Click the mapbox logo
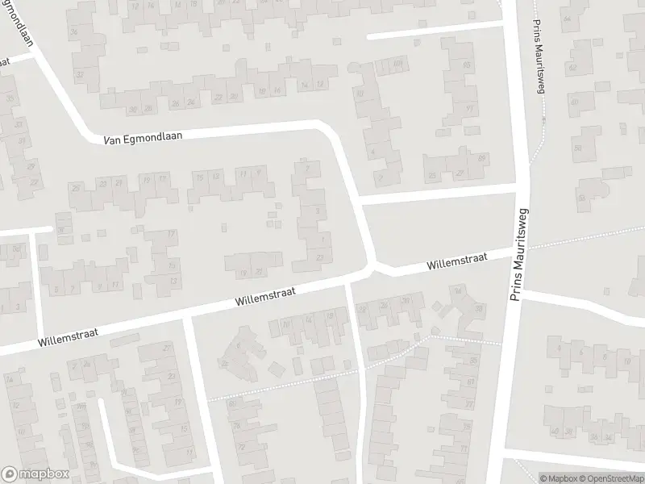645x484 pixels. [34, 474]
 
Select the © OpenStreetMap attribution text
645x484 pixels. [606, 478]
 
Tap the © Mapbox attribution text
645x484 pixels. [559, 478]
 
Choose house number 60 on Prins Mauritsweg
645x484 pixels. [574, 102]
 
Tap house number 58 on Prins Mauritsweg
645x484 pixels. [577, 148]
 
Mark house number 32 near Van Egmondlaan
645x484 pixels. [79, 74]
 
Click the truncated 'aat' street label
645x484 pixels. [4, 62]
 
